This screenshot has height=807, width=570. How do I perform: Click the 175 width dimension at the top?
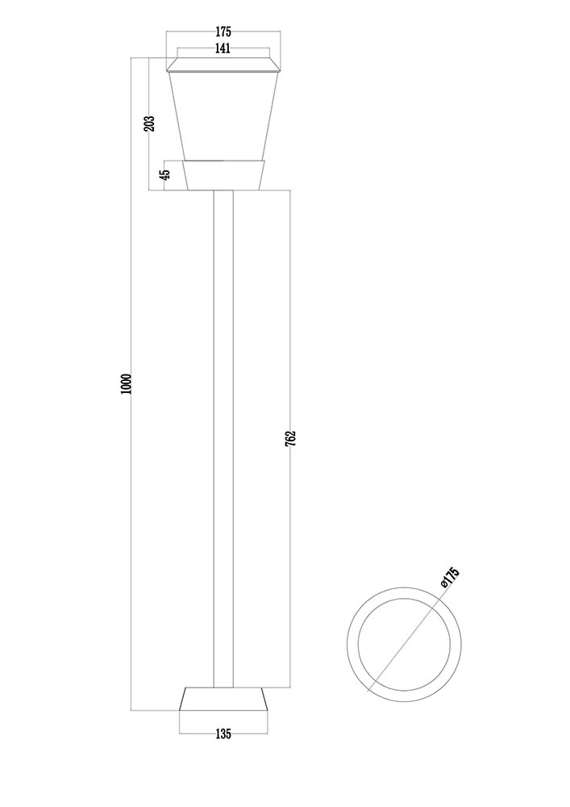tap(223, 32)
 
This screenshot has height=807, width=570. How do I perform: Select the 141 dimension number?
tap(223, 48)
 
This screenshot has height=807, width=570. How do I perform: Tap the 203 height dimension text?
tap(148, 123)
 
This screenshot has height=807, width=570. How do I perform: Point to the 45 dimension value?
tap(164, 174)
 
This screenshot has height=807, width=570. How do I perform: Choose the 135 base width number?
tap(223, 734)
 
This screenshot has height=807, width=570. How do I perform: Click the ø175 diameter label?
tap(450, 578)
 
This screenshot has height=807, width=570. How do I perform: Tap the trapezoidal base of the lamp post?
tap(223, 699)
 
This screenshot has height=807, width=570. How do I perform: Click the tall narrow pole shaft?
tap(223, 436)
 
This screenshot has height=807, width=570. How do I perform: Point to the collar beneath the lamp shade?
tap(223, 174)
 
